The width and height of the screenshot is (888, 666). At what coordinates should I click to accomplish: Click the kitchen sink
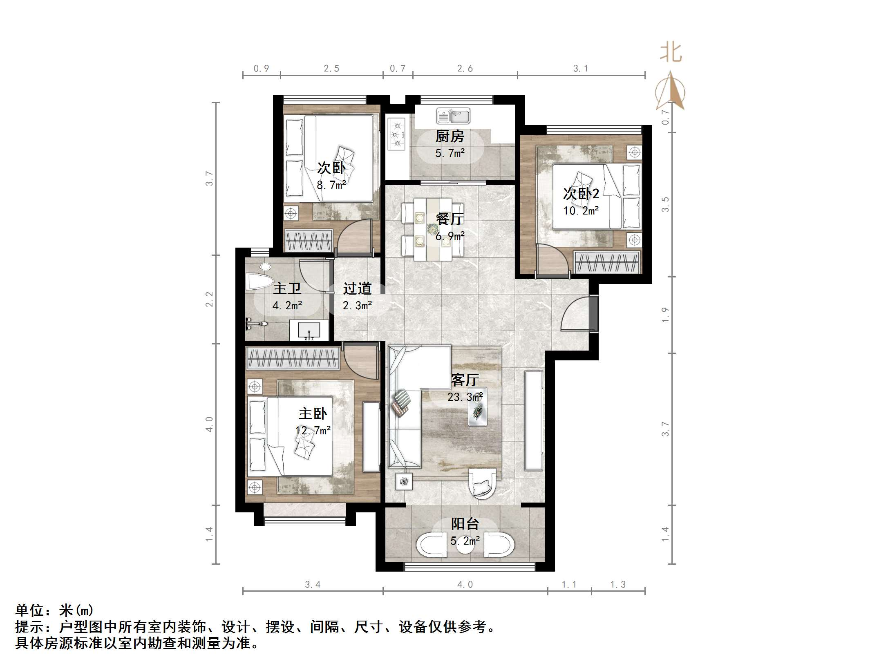pos(453,116)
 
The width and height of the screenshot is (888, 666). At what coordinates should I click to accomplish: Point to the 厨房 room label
pos(450,136)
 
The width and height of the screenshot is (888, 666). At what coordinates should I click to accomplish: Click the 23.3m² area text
pos(465,397)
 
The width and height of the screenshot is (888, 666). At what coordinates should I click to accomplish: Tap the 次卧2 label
pos(581,193)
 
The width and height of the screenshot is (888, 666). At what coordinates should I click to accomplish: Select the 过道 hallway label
pos(357,288)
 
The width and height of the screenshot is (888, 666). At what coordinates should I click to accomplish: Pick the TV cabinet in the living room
pos(534,421)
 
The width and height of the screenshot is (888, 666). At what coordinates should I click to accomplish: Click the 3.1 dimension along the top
pos(580,69)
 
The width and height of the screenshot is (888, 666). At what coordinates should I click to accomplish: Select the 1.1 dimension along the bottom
pos(569,585)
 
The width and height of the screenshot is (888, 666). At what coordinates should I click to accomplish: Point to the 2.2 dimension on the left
pos(209,299)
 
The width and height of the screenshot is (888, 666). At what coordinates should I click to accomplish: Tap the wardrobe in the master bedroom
pos(293,359)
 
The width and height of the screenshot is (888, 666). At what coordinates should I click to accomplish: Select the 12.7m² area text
pos(313,430)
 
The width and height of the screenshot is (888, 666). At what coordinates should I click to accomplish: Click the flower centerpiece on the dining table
pos(432,229)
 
